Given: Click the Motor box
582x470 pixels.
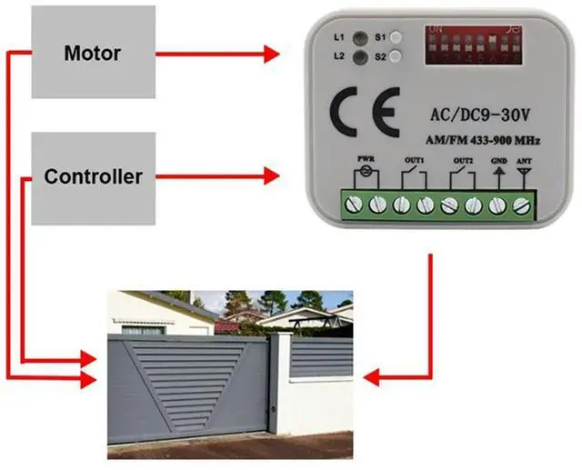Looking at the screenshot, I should pos(93,53).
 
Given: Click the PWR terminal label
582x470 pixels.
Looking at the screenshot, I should pos(366,158).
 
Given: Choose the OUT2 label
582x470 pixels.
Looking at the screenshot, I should pos(462,158).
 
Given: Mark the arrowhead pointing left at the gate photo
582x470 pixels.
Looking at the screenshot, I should pos(369,374).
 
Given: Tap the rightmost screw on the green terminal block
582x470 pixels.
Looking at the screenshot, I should pos(522,206).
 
